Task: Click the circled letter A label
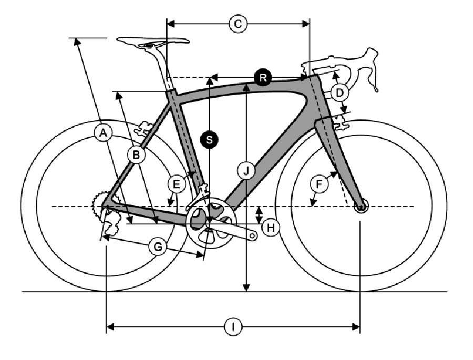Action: pos(103,133)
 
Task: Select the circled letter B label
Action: pos(136,155)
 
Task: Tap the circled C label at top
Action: pos(238,24)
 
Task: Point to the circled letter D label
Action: pos(340,93)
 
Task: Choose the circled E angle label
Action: pos(176,184)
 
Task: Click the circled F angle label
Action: pos(319,184)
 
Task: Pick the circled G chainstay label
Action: pos(158,247)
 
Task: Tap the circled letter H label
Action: pos(271,228)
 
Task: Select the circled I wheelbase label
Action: pos(233,327)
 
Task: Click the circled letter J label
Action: pos(246,171)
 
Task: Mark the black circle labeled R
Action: pos(263,78)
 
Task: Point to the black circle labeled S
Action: pos(209,140)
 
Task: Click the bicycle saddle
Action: pos(153,42)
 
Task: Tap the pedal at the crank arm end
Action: pos(253,235)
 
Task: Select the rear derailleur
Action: pos(110,222)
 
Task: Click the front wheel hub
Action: pos(361,207)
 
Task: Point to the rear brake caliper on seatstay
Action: pos(144,129)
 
